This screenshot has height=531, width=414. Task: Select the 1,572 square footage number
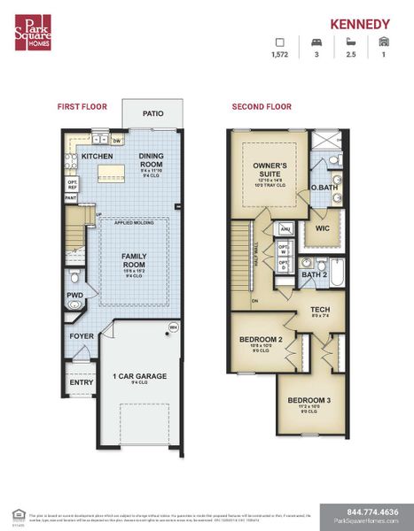[281, 55]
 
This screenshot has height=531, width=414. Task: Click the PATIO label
[154, 114]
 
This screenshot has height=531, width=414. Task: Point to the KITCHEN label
[96, 156]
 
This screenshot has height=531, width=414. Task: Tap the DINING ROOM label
[151, 161]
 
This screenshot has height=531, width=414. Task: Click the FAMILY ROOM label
[134, 259]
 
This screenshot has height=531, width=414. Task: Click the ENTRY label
[81, 382]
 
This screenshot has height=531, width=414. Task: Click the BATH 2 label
[313, 274]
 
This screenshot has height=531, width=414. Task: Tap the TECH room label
[319, 310]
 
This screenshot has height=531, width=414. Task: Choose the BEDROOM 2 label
[261, 340]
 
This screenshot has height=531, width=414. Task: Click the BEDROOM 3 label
[309, 401]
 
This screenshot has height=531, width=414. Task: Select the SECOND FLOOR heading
[262, 106]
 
